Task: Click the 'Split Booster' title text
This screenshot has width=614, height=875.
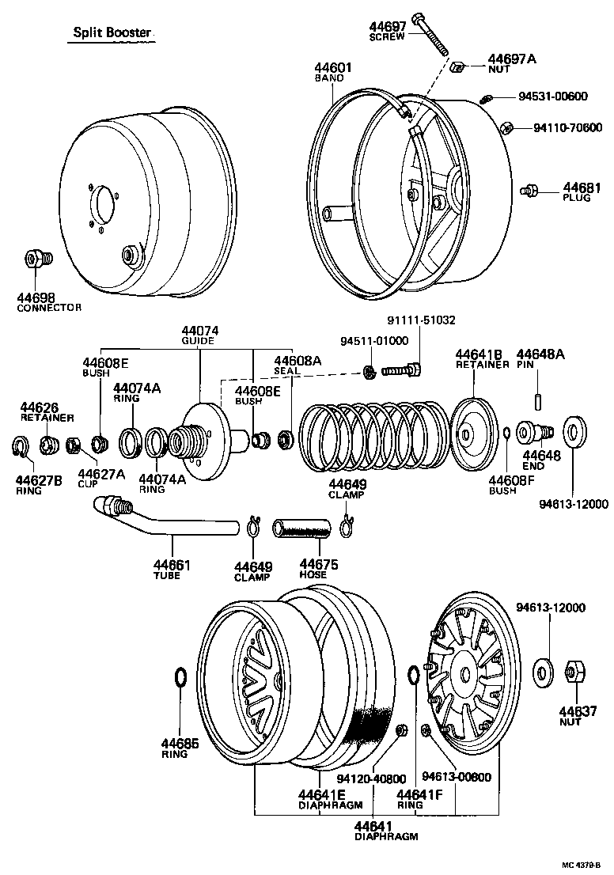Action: tap(111, 32)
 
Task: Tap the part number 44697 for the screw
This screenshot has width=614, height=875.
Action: tap(388, 27)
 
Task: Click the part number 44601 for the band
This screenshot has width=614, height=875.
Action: tap(332, 69)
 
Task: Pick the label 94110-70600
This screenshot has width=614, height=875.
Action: tap(567, 127)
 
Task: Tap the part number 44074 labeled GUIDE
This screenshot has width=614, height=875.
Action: tap(199, 331)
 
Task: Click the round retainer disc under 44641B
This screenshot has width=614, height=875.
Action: tap(472, 434)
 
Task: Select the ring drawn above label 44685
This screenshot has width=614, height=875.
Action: tap(180, 678)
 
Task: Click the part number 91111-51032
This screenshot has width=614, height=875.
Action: tap(421, 320)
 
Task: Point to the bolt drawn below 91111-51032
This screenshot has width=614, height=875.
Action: tap(403, 369)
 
